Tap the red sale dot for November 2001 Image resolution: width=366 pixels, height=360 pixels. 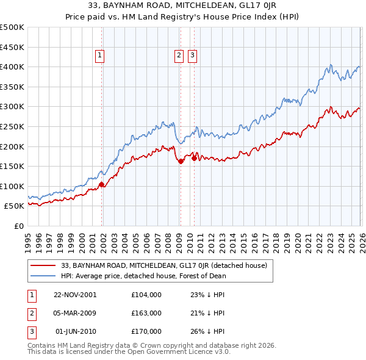point(101,184)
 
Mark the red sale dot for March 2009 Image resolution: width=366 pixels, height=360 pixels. point(181,161)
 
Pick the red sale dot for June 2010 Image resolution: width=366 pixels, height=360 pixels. point(194,158)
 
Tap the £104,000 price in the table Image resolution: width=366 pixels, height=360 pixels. point(146,294)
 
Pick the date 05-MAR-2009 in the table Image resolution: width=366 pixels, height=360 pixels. point(75,312)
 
